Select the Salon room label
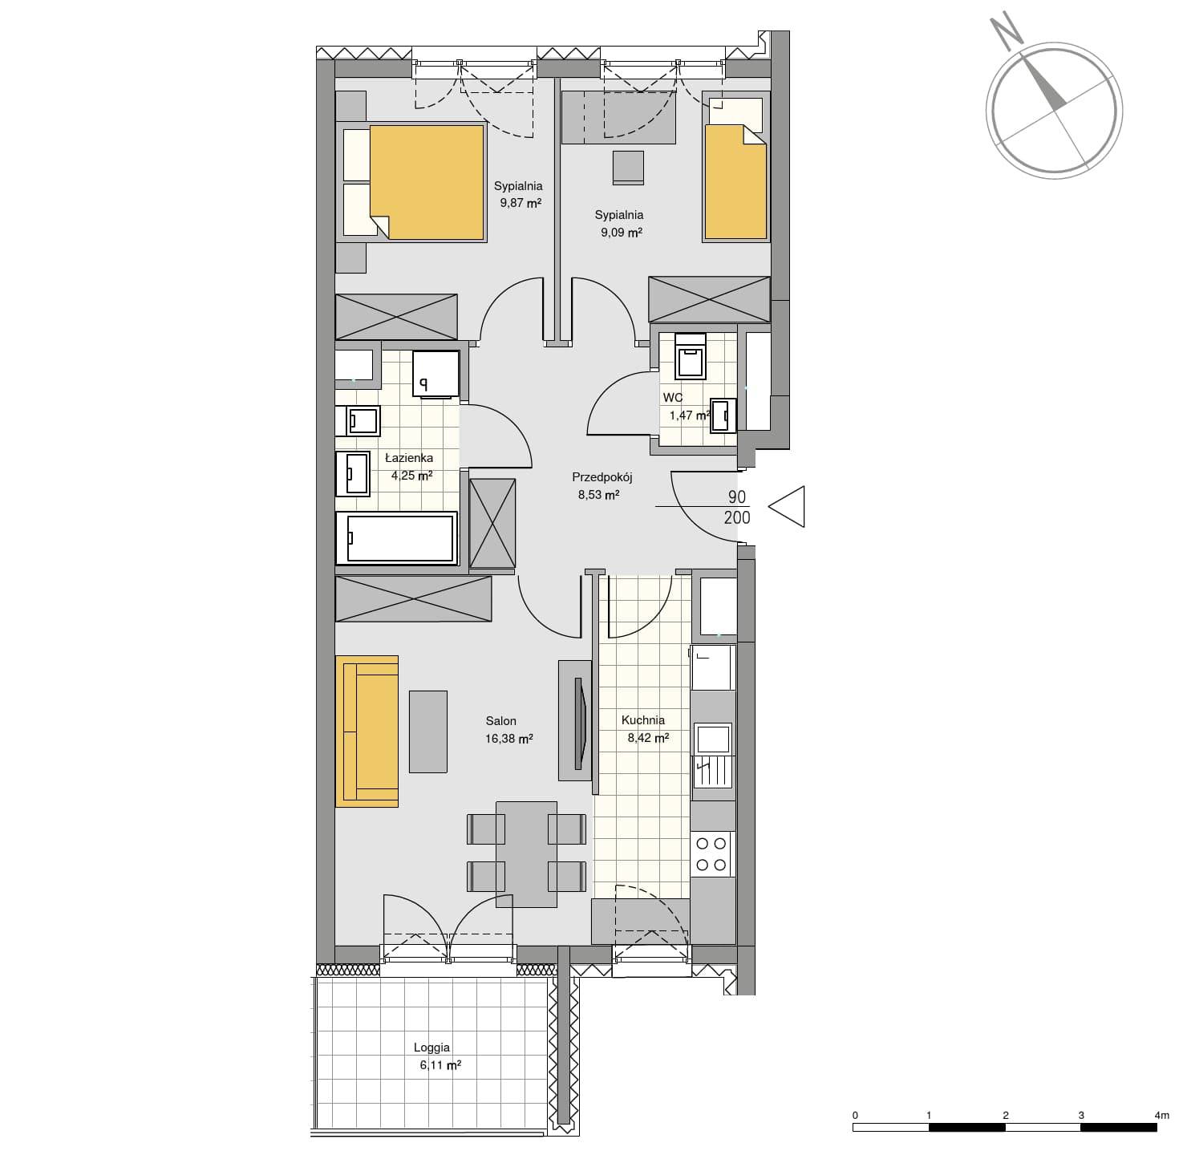coord(500,720)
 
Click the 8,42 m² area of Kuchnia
coord(648,738)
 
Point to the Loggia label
coord(431,1048)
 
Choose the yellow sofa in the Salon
coord(367,731)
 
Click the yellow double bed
coord(427,182)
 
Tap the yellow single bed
coord(735,182)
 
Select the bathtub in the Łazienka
coord(396,537)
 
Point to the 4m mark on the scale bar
coord(1161,1116)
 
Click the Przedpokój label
coord(602,477)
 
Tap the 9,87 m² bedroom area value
coord(521,203)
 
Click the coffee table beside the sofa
coord(428,731)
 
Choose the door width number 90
coord(737,497)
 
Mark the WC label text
coord(673,398)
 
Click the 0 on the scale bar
coord(855,1116)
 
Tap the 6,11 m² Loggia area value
coord(440,1065)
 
